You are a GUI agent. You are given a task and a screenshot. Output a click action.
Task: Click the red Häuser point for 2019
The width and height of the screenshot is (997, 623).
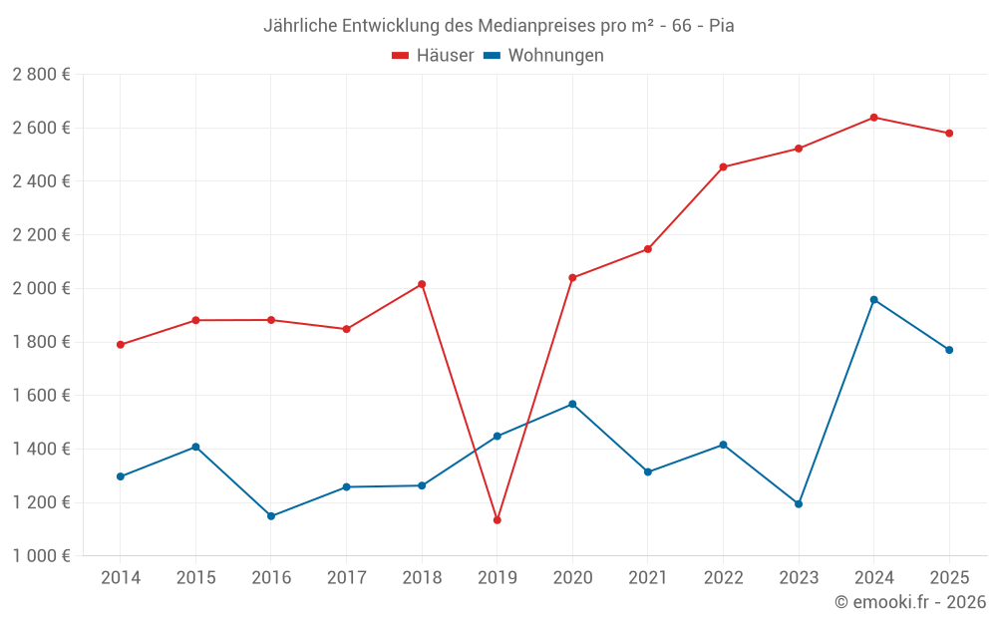497,520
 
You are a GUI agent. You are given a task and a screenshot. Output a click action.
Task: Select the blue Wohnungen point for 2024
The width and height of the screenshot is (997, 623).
873,300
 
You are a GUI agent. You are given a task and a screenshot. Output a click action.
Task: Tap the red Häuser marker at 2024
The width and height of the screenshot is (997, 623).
873,118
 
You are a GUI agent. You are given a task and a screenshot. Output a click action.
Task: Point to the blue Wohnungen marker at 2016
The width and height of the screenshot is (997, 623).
271,516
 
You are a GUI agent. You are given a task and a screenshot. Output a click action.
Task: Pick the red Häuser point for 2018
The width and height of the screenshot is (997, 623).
422,284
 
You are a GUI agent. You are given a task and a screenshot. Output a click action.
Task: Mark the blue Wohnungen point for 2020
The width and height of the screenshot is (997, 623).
572,405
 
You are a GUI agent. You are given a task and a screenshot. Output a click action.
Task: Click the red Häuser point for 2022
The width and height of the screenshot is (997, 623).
723,167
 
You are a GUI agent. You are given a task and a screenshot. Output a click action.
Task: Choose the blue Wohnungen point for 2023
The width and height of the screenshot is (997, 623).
799,504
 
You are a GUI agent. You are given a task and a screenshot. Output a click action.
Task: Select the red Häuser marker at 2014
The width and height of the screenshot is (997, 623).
121,345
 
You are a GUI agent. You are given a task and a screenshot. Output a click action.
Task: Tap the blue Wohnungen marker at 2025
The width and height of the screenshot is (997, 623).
949,350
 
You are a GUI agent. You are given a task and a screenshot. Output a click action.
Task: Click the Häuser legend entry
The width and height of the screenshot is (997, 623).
433,56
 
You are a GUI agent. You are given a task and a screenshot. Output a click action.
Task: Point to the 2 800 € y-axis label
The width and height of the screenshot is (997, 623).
41,75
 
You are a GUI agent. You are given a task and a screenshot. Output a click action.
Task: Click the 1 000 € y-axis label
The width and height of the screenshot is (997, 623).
41,556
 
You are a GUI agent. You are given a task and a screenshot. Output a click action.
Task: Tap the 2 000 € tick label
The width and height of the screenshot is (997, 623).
41,289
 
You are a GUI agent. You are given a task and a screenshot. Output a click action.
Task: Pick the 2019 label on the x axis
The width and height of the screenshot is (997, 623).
497,578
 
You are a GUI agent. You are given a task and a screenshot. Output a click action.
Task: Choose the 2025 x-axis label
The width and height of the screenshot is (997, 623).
949,578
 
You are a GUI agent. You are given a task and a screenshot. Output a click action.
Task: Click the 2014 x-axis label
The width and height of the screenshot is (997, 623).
121,578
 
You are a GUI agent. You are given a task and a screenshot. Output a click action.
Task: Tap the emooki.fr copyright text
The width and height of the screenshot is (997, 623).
909,602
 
